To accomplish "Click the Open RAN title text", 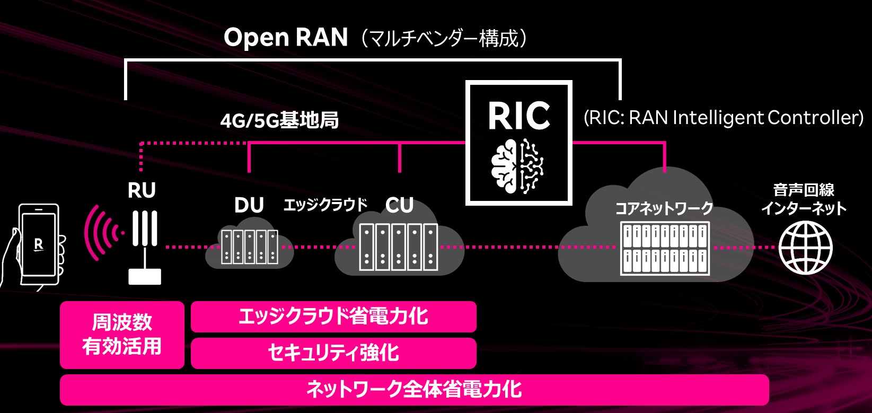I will point(285,38).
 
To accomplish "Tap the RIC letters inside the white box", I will point(518,116).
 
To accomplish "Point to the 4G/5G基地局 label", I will point(279,121).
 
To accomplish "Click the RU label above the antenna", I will point(142,190).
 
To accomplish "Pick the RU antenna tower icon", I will point(145,247).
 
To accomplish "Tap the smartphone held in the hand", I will point(38,245).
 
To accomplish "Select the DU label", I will point(249,205).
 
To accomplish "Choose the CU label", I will point(399,205).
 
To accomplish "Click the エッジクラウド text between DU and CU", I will point(325,205).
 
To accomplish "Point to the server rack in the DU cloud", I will point(249,247).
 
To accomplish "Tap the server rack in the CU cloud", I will point(399,247).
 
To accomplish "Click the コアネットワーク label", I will point(664,208).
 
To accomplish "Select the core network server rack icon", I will point(665,248).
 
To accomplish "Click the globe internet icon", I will point(805,248).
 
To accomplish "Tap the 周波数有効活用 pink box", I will point(122,335).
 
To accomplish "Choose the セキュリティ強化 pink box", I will point(333,353).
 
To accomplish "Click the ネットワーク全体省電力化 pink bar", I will point(414,390).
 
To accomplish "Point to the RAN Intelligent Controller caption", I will point(724,118).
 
